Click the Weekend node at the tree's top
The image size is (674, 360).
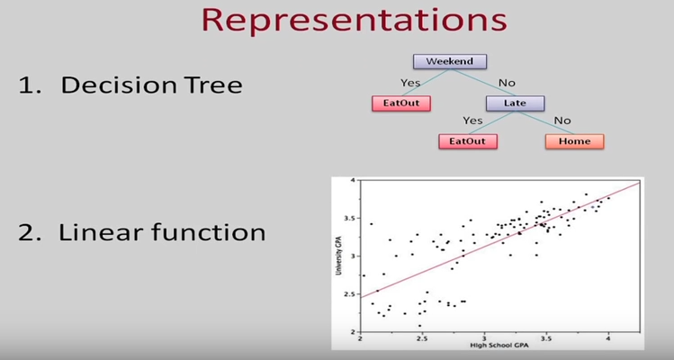[x=450, y=62]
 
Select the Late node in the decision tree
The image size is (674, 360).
[x=516, y=103]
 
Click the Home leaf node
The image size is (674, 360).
[x=574, y=141]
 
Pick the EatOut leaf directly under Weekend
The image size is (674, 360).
[x=400, y=103]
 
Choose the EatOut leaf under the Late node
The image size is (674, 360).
[x=468, y=141]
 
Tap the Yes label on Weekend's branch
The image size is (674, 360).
[x=411, y=82]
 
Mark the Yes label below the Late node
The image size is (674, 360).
[x=472, y=121]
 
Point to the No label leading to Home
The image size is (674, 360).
[x=563, y=121]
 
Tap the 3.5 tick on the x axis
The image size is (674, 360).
[x=545, y=339]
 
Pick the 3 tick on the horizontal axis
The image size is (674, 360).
[x=484, y=339]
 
